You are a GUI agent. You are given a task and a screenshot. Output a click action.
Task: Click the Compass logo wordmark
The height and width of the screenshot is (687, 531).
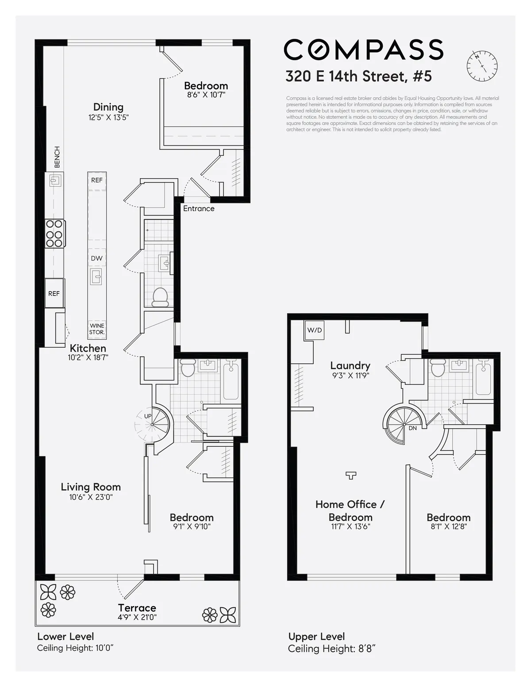363,49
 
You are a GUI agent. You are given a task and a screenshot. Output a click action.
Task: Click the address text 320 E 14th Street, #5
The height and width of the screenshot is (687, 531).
358,76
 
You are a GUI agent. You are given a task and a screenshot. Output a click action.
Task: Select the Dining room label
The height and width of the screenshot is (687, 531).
108,107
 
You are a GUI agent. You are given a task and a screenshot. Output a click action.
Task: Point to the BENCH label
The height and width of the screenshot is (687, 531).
57,157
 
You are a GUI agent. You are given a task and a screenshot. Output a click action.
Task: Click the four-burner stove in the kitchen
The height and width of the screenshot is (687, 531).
55,233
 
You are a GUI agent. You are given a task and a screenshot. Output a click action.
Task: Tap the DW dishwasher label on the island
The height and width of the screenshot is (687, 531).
96,258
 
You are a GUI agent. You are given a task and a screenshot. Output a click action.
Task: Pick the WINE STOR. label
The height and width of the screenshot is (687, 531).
97,329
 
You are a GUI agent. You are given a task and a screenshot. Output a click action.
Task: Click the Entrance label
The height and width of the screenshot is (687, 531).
199,208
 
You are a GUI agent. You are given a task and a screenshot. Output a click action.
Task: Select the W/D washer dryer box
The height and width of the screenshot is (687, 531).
314,330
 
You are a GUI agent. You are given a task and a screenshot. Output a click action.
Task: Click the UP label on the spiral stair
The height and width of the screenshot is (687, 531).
148,416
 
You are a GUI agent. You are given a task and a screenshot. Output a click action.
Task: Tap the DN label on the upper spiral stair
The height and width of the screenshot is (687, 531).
412,428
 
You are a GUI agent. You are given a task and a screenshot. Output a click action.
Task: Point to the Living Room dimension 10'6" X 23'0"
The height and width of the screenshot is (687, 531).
91,497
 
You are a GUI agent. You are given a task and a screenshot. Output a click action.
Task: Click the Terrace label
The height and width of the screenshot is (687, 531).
137,608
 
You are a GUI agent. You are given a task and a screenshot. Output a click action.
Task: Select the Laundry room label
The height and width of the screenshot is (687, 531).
350,365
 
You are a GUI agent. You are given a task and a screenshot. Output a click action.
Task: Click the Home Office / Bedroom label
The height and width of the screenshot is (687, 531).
350,510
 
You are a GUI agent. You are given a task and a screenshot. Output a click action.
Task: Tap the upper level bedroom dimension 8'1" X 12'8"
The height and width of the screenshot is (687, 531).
448,526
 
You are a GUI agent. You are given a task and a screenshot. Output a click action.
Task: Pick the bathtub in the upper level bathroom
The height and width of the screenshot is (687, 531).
483,379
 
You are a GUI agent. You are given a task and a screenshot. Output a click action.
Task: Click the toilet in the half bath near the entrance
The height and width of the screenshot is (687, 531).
160,297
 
